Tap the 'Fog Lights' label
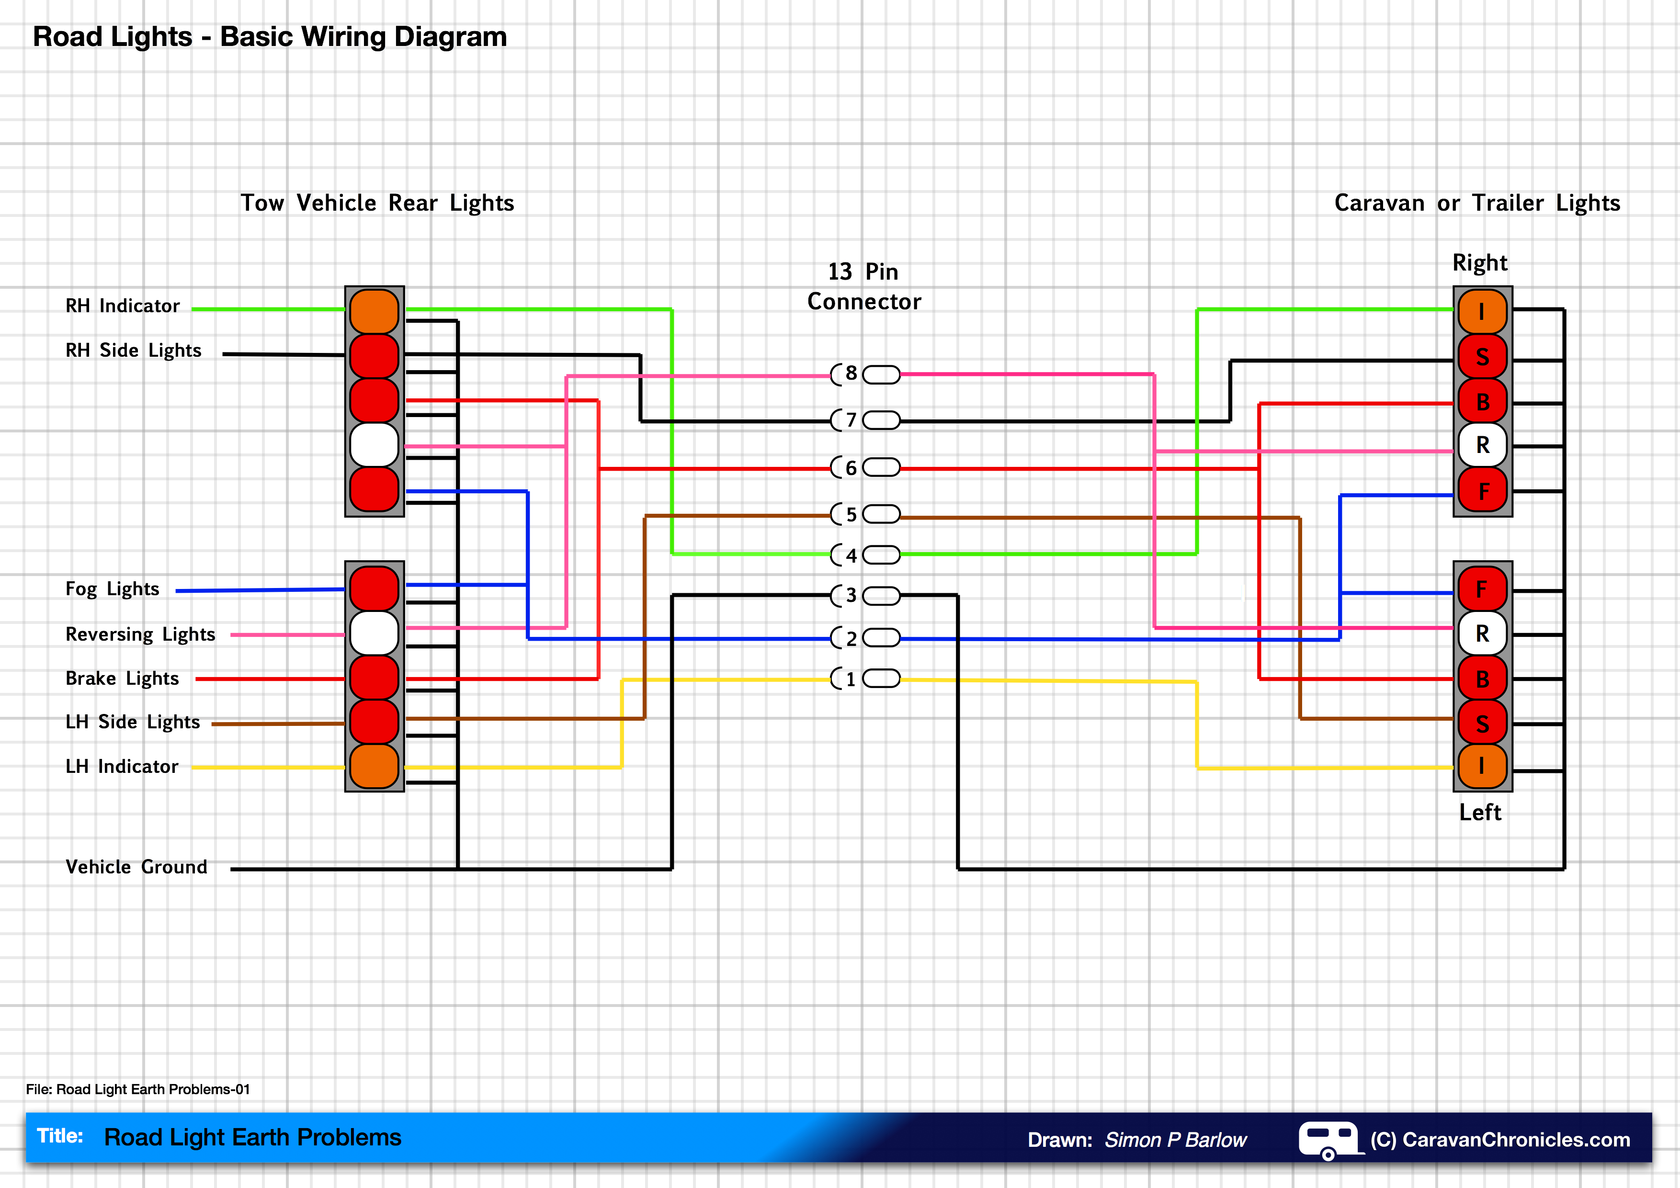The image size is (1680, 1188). pyautogui.click(x=112, y=589)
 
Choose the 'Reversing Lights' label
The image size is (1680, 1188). pyautogui.click(x=140, y=634)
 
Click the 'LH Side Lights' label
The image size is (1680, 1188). pyautogui.click(x=133, y=722)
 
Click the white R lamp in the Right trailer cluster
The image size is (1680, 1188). pyautogui.click(x=1482, y=445)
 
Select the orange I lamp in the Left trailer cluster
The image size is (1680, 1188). pyautogui.click(x=1482, y=766)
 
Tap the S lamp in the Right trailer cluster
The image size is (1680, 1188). pyautogui.click(x=1482, y=357)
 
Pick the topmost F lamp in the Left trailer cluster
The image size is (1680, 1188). pyautogui.click(x=1482, y=589)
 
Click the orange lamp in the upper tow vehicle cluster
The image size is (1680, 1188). pyautogui.click(x=374, y=311)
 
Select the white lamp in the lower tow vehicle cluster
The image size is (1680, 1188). pyautogui.click(x=374, y=633)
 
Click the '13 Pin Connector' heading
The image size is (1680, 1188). pyautogui.click(x=863, y=287)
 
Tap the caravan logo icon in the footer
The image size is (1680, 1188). pyautogui.click(x=1328, y=1140)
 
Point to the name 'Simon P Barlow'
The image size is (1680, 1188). pyautogui.click(x=1175, y=1140)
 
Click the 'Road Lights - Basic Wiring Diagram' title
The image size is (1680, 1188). pyautogui.click(x=270, y=36)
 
